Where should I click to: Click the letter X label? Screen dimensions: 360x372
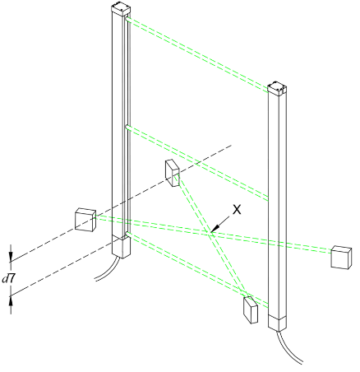[x=237, y=210]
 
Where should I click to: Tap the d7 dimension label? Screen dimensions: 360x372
[x=8, y=279]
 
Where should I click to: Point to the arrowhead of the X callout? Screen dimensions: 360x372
[x=215, y=229]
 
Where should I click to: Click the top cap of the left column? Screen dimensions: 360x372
[x=121, y=8]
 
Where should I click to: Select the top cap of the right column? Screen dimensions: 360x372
[x=277, y=88]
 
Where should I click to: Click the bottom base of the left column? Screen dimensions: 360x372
[x=122, y=248]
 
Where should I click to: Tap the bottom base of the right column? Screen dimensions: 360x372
[x=277, y=323]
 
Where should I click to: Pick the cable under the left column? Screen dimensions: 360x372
[x=108, y=270]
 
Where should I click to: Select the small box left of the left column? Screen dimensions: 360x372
[x=85, y=220]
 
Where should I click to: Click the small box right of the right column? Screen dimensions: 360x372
[x=341, y=258]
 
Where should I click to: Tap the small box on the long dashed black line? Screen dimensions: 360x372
[x=173, y=173]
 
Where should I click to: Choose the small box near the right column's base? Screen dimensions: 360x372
[x=251, y=309]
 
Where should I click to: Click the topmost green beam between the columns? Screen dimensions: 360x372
[x=196, y=54]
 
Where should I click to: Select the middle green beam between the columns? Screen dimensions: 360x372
[x=196, y=163]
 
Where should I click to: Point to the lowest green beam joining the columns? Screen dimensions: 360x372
[x=196, y=270]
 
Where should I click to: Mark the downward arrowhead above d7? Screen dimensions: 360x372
[x=11, y=257]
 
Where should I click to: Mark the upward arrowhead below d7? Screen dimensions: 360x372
[x=11, y=301]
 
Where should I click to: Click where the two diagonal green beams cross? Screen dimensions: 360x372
[x=210, y=233]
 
